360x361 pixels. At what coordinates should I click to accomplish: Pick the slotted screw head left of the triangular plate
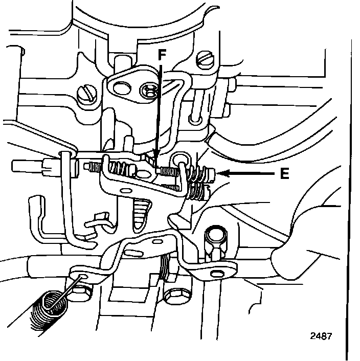coord(84,94)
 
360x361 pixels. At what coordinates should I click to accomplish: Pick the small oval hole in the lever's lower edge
coord(124,190)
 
